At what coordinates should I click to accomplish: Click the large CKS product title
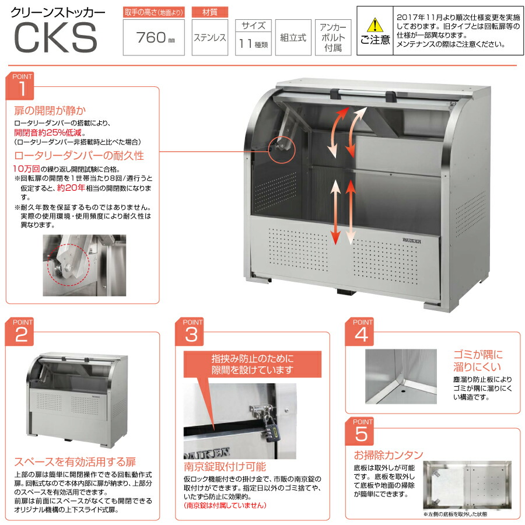point(55,38)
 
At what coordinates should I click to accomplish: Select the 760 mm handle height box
point(154,38)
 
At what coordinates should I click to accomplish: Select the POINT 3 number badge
point(192,333)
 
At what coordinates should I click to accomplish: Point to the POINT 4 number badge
point(362,333)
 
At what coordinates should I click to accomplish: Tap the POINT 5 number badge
point(362,432)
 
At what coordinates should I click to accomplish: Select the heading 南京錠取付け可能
point(225,466)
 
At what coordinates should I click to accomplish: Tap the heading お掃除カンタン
point(388,455)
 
